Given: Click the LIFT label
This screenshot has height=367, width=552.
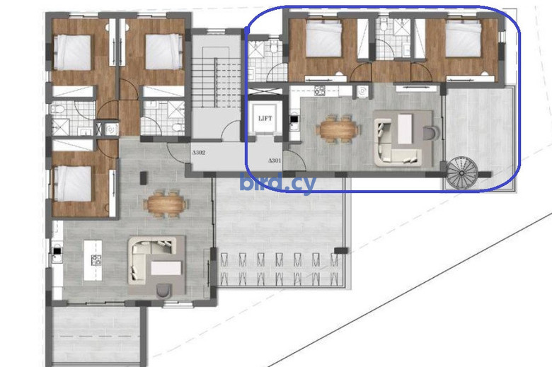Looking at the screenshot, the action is pyautogui.click(x=265, y=119).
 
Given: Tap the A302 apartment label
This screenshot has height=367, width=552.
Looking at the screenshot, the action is pyautogui.click(x=199, y=153).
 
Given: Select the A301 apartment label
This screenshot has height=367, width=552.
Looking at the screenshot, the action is pyautogui.click(x=275, y=161).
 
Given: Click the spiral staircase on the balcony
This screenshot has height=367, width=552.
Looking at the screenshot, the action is pyautogui.click(x=462, y=173).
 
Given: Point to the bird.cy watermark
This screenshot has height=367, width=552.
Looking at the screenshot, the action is pyautogui.click(x=277, y=183).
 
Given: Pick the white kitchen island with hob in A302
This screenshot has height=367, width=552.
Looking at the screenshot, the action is pyautogui.click(x=93, y=260).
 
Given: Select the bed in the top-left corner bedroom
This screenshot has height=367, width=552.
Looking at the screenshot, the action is pyautogui.click(x=73, y=52).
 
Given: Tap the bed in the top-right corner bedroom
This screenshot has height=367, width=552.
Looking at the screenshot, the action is pyautogui.click(x=464, y=38).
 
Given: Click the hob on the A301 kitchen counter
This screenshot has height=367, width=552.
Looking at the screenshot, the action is pyautogui.click(x=319, y=90).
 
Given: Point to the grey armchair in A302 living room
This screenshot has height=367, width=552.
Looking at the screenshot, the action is pyautogui.click(x=163, y=291).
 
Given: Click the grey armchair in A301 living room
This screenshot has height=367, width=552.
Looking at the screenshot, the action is pyautogui.click(x=430, y=133).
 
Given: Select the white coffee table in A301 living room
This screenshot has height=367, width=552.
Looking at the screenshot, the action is pyautogui.click(x=405, y=129).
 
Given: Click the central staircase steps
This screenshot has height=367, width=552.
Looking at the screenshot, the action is pyautogui.click(x=215, y=83).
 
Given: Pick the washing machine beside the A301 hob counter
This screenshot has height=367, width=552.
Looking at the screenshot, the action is pyautogui.click(x=362, y=91).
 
